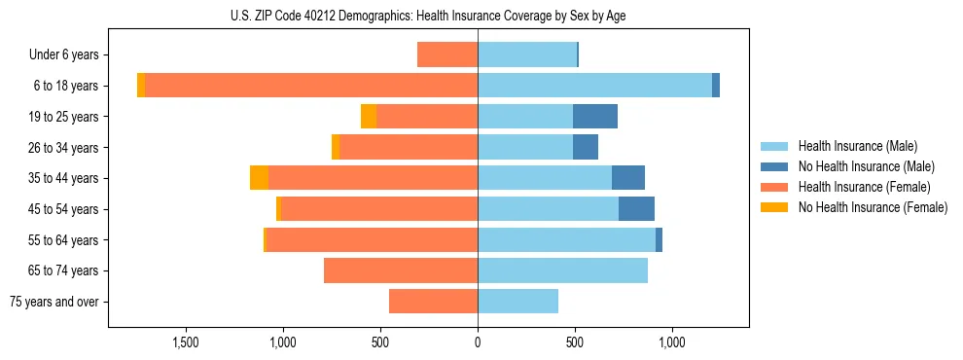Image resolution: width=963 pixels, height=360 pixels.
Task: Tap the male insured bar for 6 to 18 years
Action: (594, 86)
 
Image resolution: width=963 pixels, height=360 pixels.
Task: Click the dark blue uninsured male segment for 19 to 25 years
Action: (595, 117)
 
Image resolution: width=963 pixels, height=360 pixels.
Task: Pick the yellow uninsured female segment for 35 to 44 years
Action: (259, 178)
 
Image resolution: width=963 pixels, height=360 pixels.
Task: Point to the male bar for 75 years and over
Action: (517, 302)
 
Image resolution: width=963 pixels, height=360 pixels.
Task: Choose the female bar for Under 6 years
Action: (447, 54)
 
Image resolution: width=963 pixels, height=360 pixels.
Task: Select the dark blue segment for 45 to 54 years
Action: (636, 209)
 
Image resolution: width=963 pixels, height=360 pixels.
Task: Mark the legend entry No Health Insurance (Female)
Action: (873, 207)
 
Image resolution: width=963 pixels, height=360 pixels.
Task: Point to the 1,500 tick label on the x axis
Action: (186, 342)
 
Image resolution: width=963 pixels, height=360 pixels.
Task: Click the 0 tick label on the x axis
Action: (478, 342)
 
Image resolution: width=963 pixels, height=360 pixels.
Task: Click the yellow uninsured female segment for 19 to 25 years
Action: (369, 117)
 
